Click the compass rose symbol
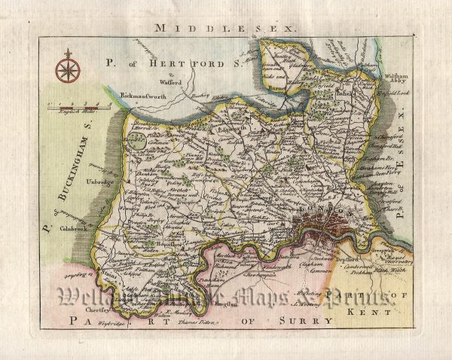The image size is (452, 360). click(67, 69)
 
